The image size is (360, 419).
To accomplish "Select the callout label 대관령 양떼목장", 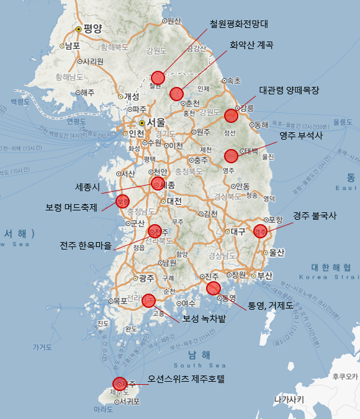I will [289, 90].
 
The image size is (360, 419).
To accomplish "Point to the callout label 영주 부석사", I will [300, 135].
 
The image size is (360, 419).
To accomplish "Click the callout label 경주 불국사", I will [315, 216].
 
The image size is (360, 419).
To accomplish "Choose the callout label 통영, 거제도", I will [270, 305].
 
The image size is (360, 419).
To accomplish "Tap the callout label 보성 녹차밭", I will [204, 318].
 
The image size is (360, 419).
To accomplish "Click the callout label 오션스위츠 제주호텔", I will [186, 378].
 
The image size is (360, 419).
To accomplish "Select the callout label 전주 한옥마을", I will [86, 245].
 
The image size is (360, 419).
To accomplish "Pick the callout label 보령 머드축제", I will [71, 207].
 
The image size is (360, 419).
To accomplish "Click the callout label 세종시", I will [87, 186].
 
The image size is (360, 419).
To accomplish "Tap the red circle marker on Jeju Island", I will [119, 384].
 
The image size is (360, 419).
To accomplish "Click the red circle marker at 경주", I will [260, 230].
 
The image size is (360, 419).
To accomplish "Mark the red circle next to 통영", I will [214, 288].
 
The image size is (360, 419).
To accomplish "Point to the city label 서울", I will [156, 123].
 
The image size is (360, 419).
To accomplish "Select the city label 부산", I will [264, 275].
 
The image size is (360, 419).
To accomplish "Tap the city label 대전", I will [174, 201].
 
